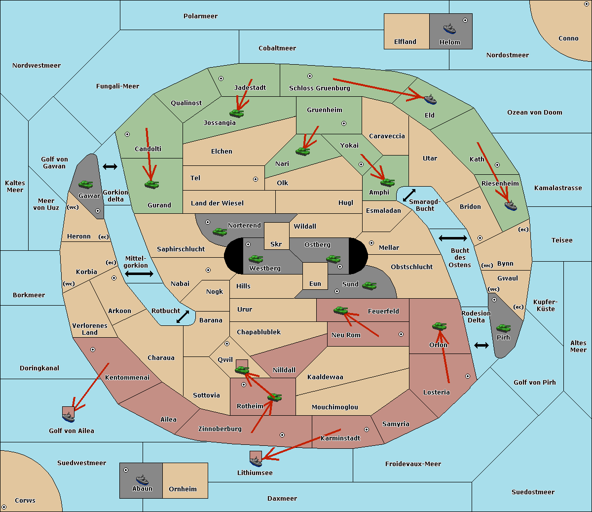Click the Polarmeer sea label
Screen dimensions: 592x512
(200, 16)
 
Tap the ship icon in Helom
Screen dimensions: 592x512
(449, 29)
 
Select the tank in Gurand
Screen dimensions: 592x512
(151, 184)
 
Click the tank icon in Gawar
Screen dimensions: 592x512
(86, 184)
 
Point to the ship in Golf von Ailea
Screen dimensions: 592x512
(68, 417)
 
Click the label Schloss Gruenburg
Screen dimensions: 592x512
(319, 88)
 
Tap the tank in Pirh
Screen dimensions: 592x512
(503, 328)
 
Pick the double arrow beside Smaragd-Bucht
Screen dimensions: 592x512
(409, 195)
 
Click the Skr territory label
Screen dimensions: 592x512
(276, 244)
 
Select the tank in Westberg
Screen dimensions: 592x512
(256, 259)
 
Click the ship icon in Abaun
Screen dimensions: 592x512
(142, 480)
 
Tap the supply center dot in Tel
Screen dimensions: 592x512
(256, 179)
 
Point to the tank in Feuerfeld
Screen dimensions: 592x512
(341, 310)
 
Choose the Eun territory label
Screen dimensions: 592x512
(315, 283)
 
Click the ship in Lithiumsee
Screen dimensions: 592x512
(256, 462)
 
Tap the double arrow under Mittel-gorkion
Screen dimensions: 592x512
(139, 274)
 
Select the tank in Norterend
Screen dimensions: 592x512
(220, 232)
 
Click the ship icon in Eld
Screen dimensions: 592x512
(430, 99)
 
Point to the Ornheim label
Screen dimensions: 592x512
(183, 489)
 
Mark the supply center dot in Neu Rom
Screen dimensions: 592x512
(401, 334)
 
